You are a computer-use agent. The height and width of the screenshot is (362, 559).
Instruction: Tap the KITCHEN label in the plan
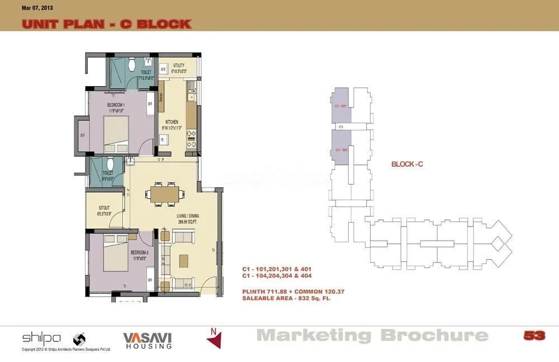[x=172, y=124]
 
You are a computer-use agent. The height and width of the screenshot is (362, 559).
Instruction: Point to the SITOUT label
[x=104, y=210]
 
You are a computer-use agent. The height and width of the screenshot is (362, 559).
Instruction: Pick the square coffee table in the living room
[x=183, y=261]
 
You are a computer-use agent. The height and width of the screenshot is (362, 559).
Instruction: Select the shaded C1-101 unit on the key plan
[x=340, y=106]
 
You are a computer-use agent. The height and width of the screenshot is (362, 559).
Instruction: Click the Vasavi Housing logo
[x=148, y=340]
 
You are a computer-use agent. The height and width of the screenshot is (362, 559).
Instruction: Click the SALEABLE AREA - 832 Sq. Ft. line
[x=286, y=299]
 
